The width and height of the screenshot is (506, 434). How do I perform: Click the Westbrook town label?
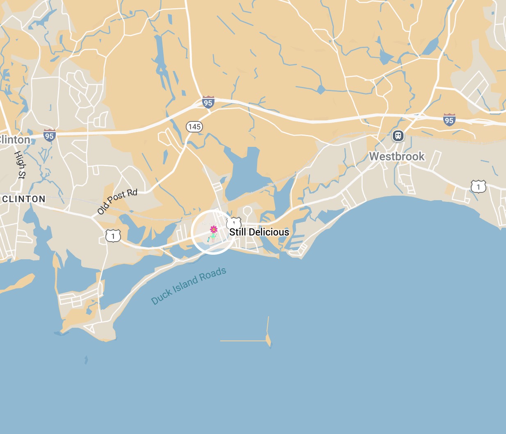pos(397,156)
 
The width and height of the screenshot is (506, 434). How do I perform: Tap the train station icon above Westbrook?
pos(398,136)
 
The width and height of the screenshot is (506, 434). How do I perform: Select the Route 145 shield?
pos(194,126)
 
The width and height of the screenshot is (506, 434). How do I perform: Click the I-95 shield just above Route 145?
pos(208,102)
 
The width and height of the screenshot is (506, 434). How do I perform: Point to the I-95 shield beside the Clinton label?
pos(49,135)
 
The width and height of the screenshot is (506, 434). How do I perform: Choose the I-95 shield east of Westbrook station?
pos(449,120)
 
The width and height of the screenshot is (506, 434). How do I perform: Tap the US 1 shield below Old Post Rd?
pos(113,236)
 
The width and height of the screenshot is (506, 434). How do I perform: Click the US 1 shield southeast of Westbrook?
pos(478,187)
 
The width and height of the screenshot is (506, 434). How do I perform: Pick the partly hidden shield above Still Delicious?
pos(234,222)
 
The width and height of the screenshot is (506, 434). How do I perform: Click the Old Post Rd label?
pos(117,201)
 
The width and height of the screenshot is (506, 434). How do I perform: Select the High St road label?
pos(20,164)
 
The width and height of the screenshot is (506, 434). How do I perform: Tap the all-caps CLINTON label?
pos(24,199)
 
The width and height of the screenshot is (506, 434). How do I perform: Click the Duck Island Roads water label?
pos(189,286)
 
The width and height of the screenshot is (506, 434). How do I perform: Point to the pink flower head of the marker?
pos(214,229)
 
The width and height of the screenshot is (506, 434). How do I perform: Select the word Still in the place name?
pos(238,232)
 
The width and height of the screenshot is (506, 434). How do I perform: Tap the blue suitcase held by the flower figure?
pos(209,239)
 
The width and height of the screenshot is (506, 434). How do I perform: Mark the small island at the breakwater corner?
pos(269,340)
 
